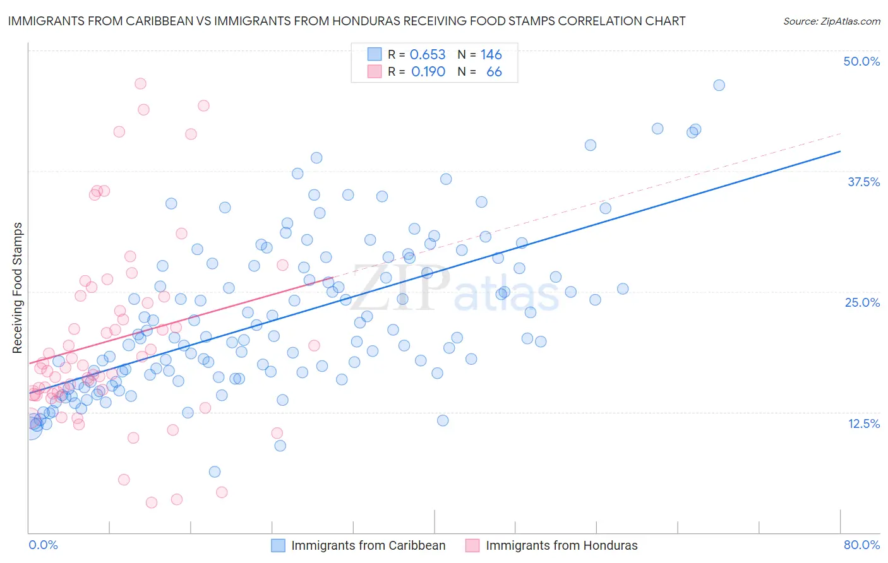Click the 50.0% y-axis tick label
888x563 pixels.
pyautogui.click(x=861, y=61)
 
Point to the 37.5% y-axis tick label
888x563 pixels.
pyautogui.click(x=863, y=182)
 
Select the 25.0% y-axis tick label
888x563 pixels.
pyautogui.click(x=862, y=302)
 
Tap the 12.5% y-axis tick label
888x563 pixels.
pyautogui.click(x=863, y=424)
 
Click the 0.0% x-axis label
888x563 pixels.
pyautogui.click(x=43, y=545)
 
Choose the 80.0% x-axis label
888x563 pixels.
pyautogui.click(x=861, y=545)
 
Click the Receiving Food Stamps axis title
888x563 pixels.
pyautogui.click(x=18, y=288)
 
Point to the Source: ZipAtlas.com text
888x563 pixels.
pyautogui.click(x=831, y=21)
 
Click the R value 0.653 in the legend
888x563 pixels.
pyautogui.click(x=428, y=54)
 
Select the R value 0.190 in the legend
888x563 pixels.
pyautogui.click(x=428, y=72)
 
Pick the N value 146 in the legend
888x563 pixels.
pyautogui.click(x=491, y=54)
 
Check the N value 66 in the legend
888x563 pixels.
pyautogui.click(x=494, y=72)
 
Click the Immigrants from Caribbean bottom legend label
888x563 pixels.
pyautogui.click(x=368, y=545)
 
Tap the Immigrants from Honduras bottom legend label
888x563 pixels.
pyautogui.click(x=561, y=545)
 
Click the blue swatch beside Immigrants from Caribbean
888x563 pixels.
pyautogui.click(x=279, y=545)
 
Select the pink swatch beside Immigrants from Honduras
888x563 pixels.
pyautogui.click(x=472, y=545)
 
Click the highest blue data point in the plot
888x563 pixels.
pyautogui.click(x=719, y=85)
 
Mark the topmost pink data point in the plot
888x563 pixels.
pyautogui.click(x=140, y=83)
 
